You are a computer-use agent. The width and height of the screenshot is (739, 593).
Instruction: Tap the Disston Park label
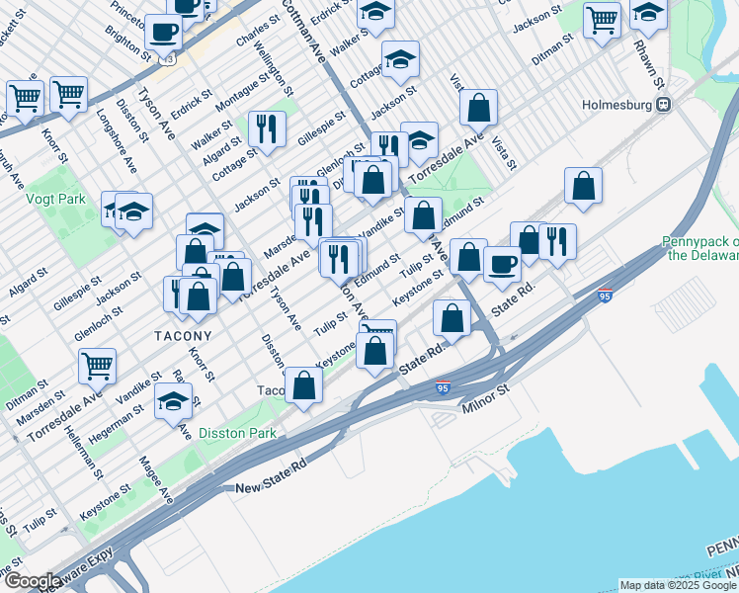coord(232,432)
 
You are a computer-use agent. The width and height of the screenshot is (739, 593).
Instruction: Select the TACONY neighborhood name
coord(183,336)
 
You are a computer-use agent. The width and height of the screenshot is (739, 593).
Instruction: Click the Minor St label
coord(483,398)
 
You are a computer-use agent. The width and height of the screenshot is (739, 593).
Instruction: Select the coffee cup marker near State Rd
coord(501,264)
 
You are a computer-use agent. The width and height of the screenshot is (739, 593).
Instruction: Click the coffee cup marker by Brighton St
coord(163,31)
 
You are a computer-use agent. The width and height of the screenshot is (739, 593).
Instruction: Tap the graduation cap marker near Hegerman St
coord(173,400)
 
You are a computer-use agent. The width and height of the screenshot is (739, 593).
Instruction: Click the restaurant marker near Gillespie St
coord(266,127)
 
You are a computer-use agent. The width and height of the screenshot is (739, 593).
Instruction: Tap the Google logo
coord(32,581)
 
